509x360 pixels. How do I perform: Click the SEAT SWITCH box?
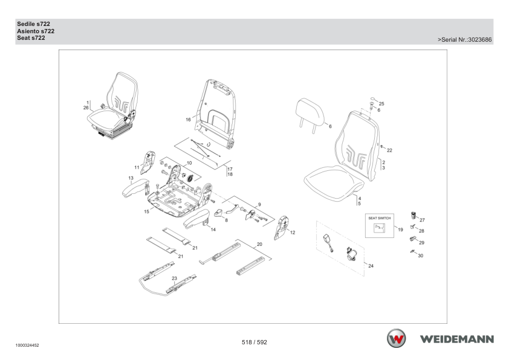coord(380,225)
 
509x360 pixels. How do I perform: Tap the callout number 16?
coord(188,120)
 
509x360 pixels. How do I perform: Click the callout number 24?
coord(371,266)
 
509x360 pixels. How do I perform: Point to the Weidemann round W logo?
coord(396,338)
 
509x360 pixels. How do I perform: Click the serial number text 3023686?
coord(480,40)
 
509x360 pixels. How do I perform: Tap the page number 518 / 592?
coord(254,342)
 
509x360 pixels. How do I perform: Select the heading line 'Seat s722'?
coord(31,38)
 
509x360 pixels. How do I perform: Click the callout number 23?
coord(174,278)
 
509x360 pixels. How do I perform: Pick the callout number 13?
coord(131,178)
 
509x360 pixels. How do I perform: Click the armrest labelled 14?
coord(196,219)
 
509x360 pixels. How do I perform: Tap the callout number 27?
coord(422,220)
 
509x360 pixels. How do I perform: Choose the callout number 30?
coord(420,256)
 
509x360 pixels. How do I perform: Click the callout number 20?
coord(259,244)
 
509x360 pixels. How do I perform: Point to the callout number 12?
coord(293,233)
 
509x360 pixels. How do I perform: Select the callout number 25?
coord(381,104)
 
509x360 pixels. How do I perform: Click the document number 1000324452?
coord(27,346)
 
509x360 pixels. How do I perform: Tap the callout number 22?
coord(389,150)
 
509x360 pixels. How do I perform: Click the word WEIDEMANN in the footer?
coord(457,339)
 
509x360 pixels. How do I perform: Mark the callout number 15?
coord(147,212)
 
